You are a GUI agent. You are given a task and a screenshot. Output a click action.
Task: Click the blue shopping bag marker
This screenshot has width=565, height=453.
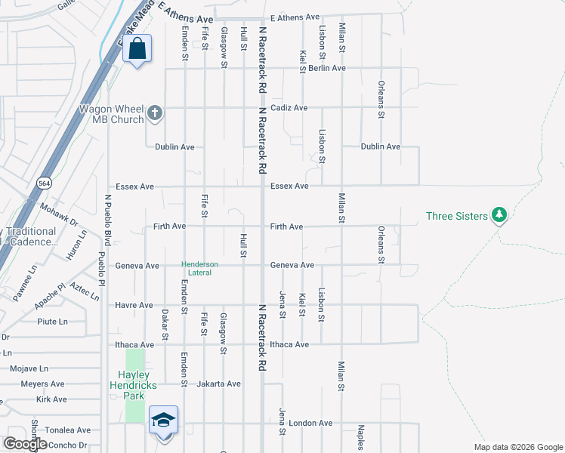pyautogui.click(x=137, y=49)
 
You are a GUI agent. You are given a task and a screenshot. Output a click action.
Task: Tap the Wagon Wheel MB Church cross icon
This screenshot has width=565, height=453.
pyautogui.click(x=155, y=113)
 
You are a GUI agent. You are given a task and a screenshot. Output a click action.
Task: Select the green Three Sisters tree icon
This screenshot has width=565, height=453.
pyautogui.click(x=499, y=216)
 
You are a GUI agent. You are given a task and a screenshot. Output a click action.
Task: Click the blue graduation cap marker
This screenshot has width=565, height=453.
pyautogui.click(x=163, y=421)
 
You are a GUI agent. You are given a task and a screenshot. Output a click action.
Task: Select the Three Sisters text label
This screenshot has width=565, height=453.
pyautogui.click(x=457, y=216)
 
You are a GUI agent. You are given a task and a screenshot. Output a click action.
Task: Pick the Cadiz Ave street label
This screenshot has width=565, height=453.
pyautogui.click(x=289, y=108)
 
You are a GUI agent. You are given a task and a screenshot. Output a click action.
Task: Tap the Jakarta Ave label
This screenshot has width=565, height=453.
pyautogui.click(x=218, y=384)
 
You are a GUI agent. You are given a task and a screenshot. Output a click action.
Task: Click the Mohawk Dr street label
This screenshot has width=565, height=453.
pyautogui.click(x=60, y=216)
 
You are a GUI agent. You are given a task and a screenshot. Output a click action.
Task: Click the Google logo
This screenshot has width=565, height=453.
pyautogui.click(x=25, y=444)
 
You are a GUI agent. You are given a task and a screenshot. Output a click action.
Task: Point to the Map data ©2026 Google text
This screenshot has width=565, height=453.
pyautogui.click(x=517, y=447)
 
